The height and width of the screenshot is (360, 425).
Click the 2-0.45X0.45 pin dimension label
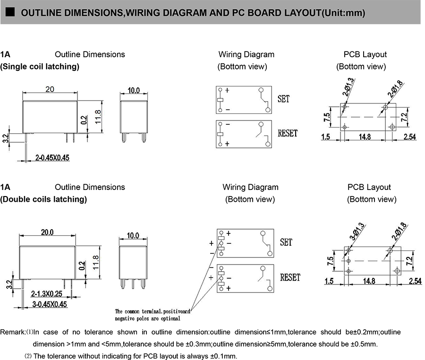click(52, 158)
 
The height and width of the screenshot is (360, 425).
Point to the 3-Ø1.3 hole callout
click(357, 232)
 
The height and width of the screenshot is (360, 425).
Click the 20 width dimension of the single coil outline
click(50, 89)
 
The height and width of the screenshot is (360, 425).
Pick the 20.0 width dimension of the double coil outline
click(47, 232)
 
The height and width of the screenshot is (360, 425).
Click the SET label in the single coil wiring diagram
click(284, 99)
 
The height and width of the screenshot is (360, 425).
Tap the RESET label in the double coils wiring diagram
click(290, 277)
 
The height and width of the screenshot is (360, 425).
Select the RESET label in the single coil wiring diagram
click(288, 133)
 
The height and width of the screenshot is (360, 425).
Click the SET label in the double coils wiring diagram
click(286, 242)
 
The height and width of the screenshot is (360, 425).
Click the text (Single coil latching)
click(40, 67)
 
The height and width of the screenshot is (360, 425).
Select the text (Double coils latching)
click(43, 199)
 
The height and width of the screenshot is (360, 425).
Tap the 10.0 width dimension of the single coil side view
click(134, 90)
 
